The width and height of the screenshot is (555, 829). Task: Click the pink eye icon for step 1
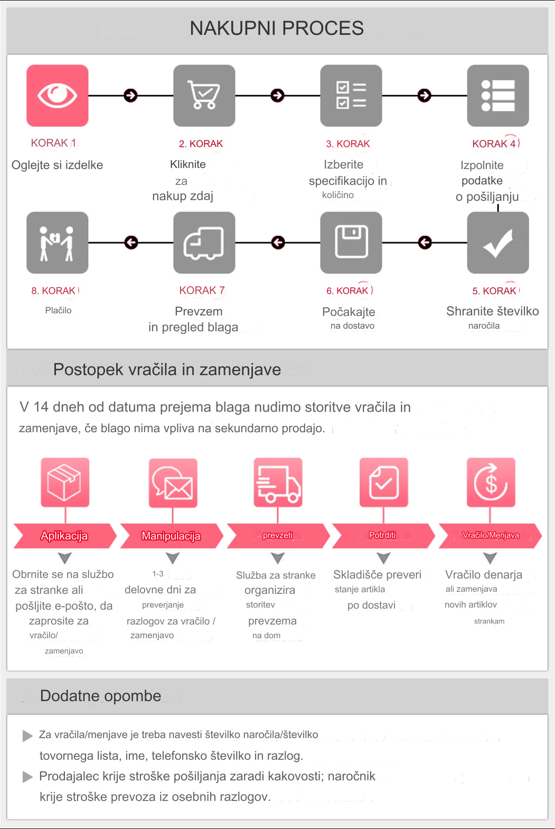58,96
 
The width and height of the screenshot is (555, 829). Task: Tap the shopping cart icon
204,96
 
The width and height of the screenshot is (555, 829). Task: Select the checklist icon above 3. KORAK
351,96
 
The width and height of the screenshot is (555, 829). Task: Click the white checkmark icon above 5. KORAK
498,243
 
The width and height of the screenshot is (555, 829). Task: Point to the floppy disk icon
351,243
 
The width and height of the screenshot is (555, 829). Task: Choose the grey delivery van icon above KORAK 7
204,243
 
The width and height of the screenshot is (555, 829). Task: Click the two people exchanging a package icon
58,243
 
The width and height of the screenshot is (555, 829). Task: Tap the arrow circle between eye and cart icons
130,96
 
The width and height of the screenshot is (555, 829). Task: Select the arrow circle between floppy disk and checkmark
425,243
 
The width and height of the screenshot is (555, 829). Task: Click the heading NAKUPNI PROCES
277,28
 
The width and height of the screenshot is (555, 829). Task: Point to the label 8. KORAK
54,291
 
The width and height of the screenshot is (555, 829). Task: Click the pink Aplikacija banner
65,536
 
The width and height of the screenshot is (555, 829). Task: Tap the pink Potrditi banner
383,536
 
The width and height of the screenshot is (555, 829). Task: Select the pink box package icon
65,482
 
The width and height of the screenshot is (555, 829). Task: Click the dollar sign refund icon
491,482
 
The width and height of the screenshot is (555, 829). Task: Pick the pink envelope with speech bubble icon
173,482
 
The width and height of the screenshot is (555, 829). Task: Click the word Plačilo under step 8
58,310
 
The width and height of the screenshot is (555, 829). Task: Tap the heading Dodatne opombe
101,696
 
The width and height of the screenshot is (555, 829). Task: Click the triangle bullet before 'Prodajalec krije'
27,777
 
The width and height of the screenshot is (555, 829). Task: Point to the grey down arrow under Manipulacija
173,558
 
